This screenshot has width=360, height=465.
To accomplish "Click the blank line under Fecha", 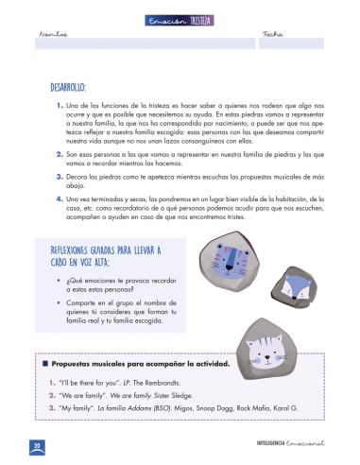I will (291, 43).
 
